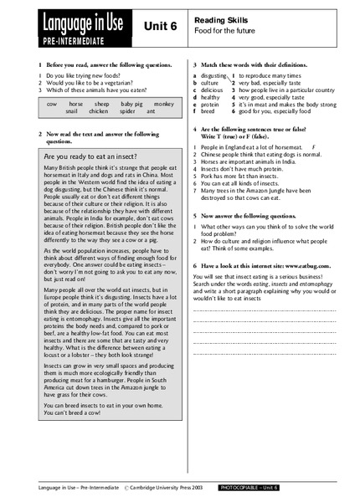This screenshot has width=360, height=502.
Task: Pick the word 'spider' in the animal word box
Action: pyautogui.click(x=127, y=110)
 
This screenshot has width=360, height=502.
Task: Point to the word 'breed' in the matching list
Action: pyautogui.click(x=208, y=110)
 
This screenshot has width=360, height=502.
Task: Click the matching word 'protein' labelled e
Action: pyautogui.click(x=209, y=104)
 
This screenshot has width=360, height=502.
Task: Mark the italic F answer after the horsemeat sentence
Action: pyautogui.click(x=312, y=147)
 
